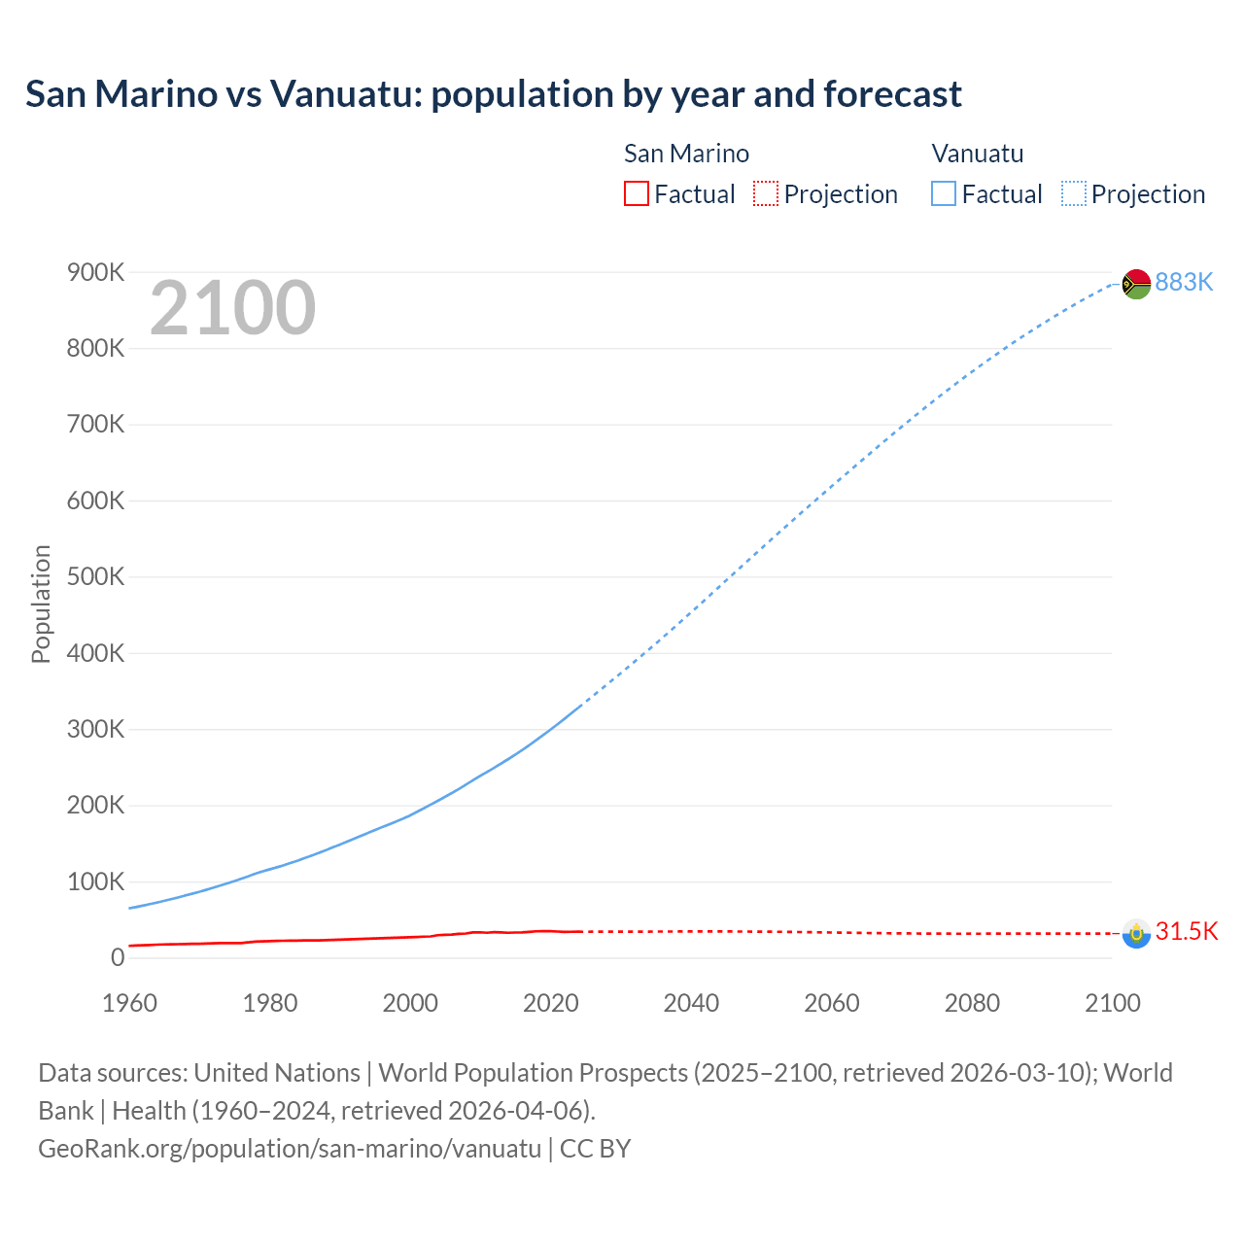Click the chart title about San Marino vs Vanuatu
coord(493,94)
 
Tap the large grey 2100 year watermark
coord(232,308)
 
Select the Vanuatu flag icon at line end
coord(1136,284)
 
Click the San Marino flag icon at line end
coord(1136,933)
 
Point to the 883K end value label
coord(1184,282)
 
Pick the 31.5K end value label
coord(1186,931)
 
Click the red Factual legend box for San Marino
coord(637,194)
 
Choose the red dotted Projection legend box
coord(766,194)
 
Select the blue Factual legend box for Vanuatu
coord(944,194)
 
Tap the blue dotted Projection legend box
coord(1073,194)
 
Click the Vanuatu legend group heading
coord(977,154)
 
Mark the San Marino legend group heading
coord(686,154)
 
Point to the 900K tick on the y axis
coord(95,272)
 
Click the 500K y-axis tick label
coord(95,577)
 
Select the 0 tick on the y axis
coord(118,958)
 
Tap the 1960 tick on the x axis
coord(129,1003)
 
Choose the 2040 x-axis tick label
coord(691,1003)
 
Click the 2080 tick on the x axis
coord(972,1003)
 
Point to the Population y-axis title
coord(41,604)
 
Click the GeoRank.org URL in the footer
coord(290,1149)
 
